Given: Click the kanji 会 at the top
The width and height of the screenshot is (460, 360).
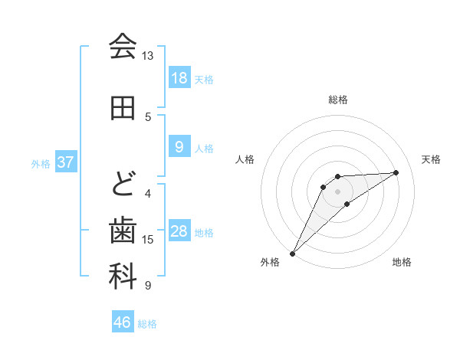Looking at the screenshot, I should click(x=123, y=47).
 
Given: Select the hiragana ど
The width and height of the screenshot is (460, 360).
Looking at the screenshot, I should click(x=123, y=185).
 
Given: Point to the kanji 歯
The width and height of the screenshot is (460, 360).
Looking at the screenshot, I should click(x=123, y=230).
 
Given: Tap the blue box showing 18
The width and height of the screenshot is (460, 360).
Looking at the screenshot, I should click(x=179, y=77).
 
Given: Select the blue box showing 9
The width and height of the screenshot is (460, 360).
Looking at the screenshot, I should click(x=179, y=147).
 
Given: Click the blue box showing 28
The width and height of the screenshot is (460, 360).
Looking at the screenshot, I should click(x=179, y=231).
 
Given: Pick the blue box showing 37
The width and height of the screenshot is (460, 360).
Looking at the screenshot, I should click(x=65, y=162).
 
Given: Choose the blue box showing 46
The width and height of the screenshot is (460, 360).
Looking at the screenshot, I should click(x=123, y=322).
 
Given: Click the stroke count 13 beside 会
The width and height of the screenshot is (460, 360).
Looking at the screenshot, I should click(x=147, y=56).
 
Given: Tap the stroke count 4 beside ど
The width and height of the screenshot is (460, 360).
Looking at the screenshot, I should click(x=148, y=194).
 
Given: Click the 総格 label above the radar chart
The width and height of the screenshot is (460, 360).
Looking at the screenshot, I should click(x=338, y=100).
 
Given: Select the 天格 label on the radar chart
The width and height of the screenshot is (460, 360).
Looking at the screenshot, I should click(x=432, y=159).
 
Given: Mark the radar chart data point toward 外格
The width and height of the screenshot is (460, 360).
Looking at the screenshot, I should click(x=292, y=253).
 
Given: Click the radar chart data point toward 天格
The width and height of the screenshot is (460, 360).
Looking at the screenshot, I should click(x=396, y=172).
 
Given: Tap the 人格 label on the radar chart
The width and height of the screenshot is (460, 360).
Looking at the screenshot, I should click(x=245, y=159).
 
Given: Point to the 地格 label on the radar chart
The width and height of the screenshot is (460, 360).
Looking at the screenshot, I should click(x=402, y=262).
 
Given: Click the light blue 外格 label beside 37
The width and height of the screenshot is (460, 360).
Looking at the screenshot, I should click(x=41, y=163).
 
